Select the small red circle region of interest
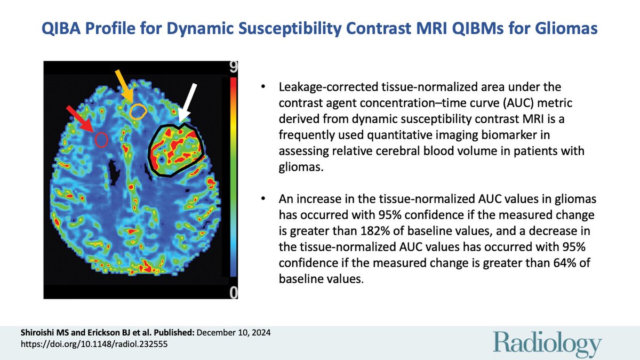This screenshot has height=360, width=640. point(101,140)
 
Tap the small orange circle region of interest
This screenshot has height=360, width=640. point(138,111)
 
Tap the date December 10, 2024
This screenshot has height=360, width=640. point(234,332)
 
